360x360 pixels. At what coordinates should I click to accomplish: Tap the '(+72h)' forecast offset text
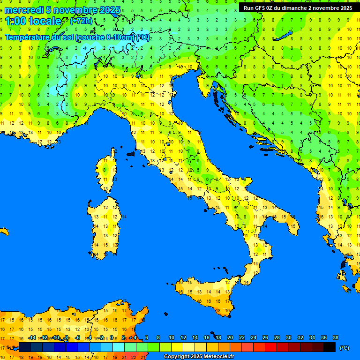click(81, 21)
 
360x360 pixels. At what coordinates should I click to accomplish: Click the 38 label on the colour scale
click(336, 337)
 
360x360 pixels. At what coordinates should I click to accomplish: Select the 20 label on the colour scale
click(230, 337)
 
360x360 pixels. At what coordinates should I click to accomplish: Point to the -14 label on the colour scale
click(32, 337)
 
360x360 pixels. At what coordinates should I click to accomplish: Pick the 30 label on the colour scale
click(289, 337)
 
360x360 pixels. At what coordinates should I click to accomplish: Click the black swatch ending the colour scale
click(330, 347)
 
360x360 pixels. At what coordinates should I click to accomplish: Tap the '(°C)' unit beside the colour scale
click(344, 348)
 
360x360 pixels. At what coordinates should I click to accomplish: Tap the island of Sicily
click(206, 293)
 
